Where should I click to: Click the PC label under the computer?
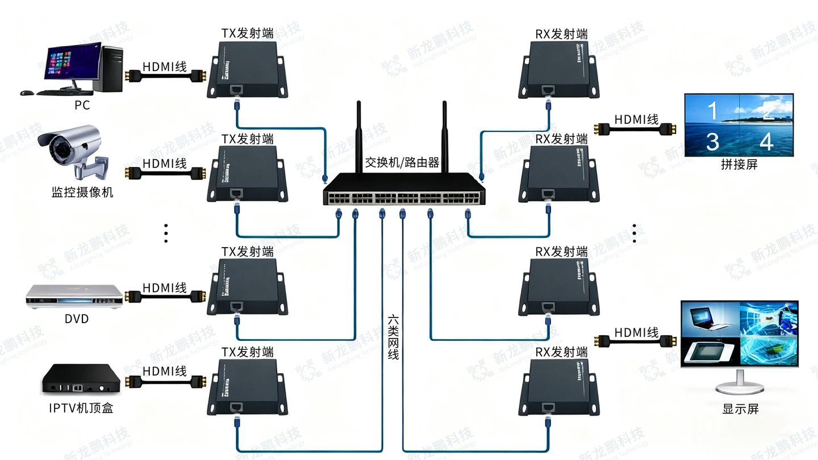(82, 105)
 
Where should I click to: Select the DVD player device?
(74, 296)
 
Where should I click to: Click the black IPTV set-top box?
(81, 379)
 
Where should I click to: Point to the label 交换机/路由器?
(402, 163)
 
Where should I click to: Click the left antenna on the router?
(359, 136)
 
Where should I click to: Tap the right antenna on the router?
(445, 136)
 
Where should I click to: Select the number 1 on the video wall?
(712, 110)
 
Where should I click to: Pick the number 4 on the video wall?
(766, 141)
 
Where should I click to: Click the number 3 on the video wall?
(712, 141)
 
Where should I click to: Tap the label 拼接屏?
(739, 165)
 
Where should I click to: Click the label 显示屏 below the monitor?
(740, 408)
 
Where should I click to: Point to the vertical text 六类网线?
(393, 337)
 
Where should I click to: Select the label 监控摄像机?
(82, 193)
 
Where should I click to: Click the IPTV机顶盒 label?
(81, 408)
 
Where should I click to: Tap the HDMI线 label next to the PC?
(164, 66)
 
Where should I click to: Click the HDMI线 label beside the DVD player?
(164, 288)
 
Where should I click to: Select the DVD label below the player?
(76, 319)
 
